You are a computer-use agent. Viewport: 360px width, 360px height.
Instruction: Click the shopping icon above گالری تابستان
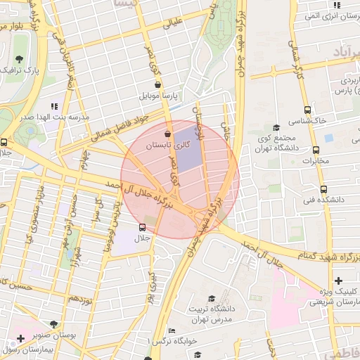[x=167, y=134]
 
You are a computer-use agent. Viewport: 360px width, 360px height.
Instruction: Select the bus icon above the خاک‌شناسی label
[x=307, y=110]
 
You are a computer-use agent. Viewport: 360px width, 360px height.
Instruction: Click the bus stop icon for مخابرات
[x=316, y=150]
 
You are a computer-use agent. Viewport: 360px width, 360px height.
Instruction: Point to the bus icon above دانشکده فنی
[x=324, y=189]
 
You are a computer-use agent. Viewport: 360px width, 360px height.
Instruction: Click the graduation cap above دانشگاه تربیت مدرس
[x=212, y=297]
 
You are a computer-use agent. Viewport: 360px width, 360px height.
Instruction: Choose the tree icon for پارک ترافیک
[x=18, y=58]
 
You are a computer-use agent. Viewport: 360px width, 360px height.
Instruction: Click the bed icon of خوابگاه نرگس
[x=172, y=331]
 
